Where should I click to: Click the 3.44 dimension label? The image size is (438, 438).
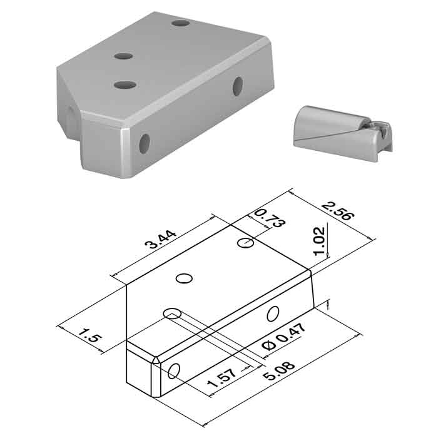(x=161, y=240)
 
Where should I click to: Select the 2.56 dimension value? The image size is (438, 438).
(x=338, y=211)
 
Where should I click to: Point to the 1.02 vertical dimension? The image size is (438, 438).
(x=319, y=241)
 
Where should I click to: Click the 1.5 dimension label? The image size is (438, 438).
(x=89, y=335)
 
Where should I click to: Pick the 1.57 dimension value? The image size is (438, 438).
(x=222, y=378)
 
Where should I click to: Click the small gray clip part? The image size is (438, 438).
(x=344, y=133)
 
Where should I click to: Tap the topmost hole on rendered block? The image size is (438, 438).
(x=181, y=23)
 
